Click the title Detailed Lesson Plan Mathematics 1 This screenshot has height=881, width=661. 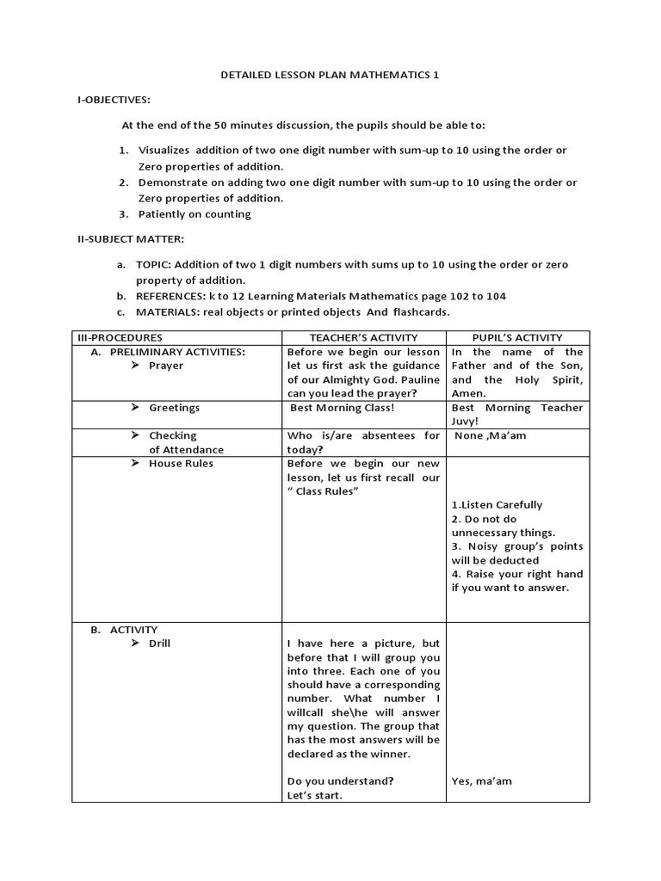[x=330, y=75]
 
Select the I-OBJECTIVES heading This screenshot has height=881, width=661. [x=114, y=100]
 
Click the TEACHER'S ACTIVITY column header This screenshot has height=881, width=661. [x=363, y=338]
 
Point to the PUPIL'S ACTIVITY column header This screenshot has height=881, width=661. [x=517, y=338]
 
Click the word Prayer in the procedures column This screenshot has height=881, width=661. [x=166, y=366]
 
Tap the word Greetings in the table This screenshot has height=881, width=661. [x=174, y=408]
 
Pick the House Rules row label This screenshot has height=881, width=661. [x=181, y=464]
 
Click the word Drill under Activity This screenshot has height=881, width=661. [x=159, y=644]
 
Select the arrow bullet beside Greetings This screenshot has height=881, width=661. [x=135, y=408]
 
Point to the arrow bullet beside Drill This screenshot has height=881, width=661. [x=135, y=644]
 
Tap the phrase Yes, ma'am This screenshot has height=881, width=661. [x=482, y=782]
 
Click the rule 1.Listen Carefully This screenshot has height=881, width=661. [x=497, y=505]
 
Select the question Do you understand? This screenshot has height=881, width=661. [x=341, y=782]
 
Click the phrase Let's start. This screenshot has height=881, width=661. [x=314, y=796]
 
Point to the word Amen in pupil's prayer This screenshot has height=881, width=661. [x=467, y=393]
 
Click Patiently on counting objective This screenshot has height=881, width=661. [x=195, y=214]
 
